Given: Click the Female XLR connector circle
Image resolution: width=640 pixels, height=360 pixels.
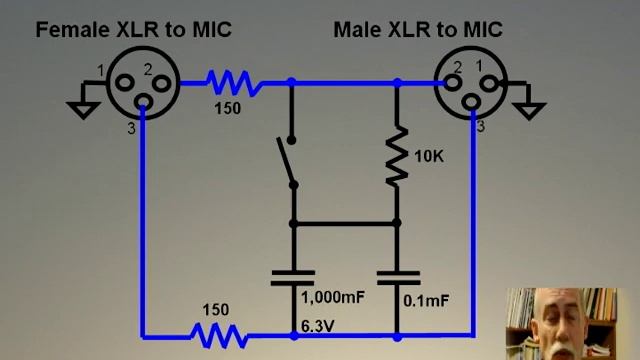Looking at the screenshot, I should point(142,80).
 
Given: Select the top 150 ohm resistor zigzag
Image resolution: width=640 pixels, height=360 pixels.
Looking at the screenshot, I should point(233,81).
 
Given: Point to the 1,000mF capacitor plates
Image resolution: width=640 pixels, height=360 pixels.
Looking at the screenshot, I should point(293,277).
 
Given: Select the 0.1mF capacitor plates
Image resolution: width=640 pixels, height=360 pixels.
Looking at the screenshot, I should point(397,277).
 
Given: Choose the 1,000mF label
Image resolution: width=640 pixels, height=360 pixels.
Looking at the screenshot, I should point(332,297).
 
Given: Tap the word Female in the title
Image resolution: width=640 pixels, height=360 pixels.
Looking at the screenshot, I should point(73,29).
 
